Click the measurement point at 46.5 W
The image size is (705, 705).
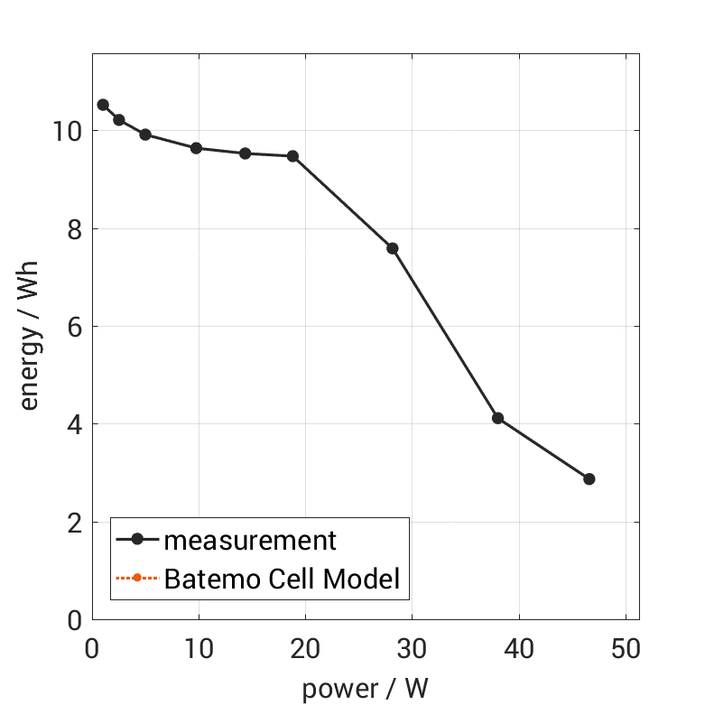(x=589, y=478)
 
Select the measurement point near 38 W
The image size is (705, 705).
(x=497, y=418)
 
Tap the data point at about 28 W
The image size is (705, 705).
(x=393, y=248)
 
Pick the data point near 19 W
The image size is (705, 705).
(x=292, y=156)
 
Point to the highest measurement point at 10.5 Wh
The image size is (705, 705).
(x=103, y=105)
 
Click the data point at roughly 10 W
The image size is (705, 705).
(x=196, y=148)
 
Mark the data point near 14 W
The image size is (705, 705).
(x=245, y=153)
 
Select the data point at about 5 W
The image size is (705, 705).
(x=145, y=135)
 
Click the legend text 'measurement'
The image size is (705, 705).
(x=250, y=541)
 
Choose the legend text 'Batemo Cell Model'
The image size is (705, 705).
(x=282, y=578)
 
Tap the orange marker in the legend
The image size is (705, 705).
(x=137, y=578)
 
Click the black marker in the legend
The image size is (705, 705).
(x=137, y=540)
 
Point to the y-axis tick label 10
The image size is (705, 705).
(x=65, y=131)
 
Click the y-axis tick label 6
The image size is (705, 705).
(x=72, y=327)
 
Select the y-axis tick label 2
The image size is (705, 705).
(x=72, y=523)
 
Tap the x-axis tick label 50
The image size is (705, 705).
(x=626, y=650)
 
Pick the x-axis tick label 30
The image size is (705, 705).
(x=413, y=650)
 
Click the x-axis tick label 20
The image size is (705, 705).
(x=305, y=650)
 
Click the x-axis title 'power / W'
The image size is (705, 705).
(x=365, y=689)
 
